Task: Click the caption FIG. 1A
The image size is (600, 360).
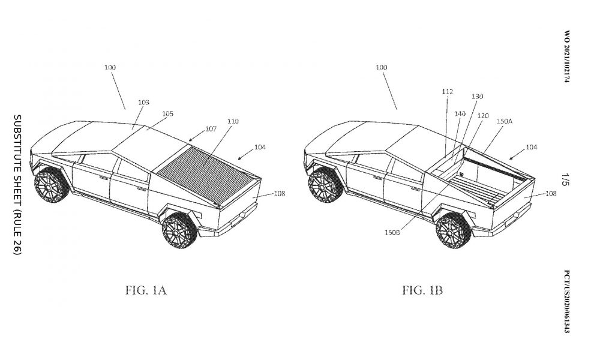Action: (146, 290)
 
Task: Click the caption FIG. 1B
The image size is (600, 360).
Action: (422, 290)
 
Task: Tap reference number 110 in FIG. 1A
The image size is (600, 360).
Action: (233, 121)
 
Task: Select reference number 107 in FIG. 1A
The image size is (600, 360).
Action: (211, 128)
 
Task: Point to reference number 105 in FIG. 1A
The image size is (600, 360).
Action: (167, 113)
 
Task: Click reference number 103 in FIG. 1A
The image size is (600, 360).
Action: (143, 103)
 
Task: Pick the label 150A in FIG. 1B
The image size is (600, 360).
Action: (505, 121)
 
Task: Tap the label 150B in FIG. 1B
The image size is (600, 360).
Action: (392, 232)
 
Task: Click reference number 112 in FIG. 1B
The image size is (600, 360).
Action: (447, 91)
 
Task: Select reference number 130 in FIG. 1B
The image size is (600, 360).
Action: (477, 97)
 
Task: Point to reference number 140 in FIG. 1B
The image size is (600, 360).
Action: (460, 113)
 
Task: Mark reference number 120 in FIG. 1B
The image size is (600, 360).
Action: (483, 116)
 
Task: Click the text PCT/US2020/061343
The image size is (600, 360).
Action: (567, 302)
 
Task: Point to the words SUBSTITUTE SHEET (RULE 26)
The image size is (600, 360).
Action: (17, 184)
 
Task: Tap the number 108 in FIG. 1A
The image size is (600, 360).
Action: (280, 193)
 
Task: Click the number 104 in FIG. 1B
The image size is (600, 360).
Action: (531, 147)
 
